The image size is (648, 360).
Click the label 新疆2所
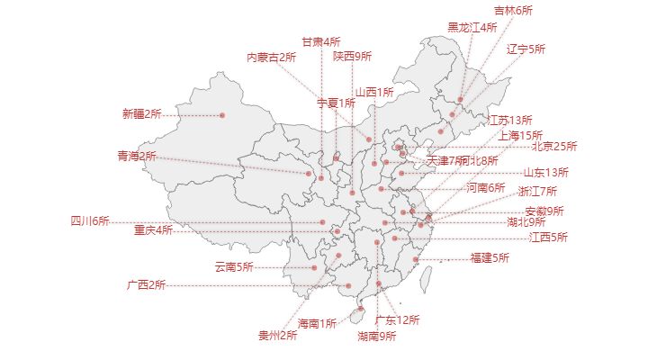coord(141,114)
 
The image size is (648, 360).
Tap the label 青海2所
coord(136,157)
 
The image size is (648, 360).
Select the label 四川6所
coord(90,220)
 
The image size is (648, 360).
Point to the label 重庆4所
coord(153,229)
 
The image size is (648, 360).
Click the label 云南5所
coord(233,266)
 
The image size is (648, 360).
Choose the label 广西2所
coord(146,285)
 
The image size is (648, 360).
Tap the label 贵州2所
coord(277,336)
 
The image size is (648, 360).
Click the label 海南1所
coord(317,323)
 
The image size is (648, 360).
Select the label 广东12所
coord(398,319)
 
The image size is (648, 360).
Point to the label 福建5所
coord(490,258)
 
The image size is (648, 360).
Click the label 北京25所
coord(554,146)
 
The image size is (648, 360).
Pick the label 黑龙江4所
coord(472,28)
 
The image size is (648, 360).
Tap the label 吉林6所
coord(513,11)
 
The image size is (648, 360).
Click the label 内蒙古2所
coord(272,58)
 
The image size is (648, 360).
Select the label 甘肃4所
coord(320,41)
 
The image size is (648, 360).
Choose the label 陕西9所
coord(352,56)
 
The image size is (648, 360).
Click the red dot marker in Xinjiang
coord(222,115)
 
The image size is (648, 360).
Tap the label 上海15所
coord(521,135)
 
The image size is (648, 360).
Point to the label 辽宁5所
coord(526,49)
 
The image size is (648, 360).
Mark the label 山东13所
coord(545,172)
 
